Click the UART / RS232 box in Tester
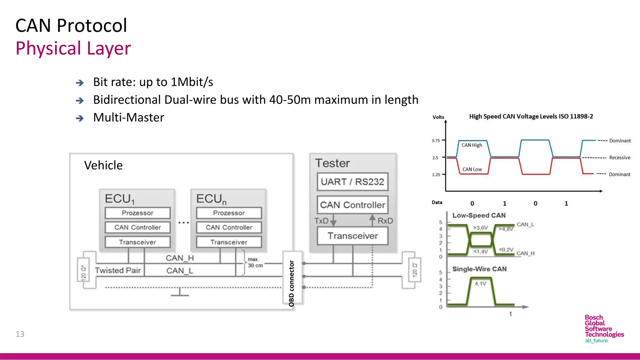(x=352, y=182)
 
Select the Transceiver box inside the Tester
(x=352, y=236)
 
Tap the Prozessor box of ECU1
(x=137, y=213)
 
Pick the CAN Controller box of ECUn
(x=229, y=227)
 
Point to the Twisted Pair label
(x=118, y=270)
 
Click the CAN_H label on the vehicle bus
(x=180, y=258)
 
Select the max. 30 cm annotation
(x=255, y=262)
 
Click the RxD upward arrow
(x=372, y=220)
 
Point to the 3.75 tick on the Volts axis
(x=436, y=141)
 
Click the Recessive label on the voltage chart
(x=619, y=157)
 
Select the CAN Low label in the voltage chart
(x=472, y=169)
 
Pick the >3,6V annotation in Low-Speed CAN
(x=480, y=228)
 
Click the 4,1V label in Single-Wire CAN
(x=480, y=284)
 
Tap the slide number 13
(x=20, y=334)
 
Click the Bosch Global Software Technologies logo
(x=604, y=329)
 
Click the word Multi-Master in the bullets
(x=128, y=117)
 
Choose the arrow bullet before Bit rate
(x=80, y=83)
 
